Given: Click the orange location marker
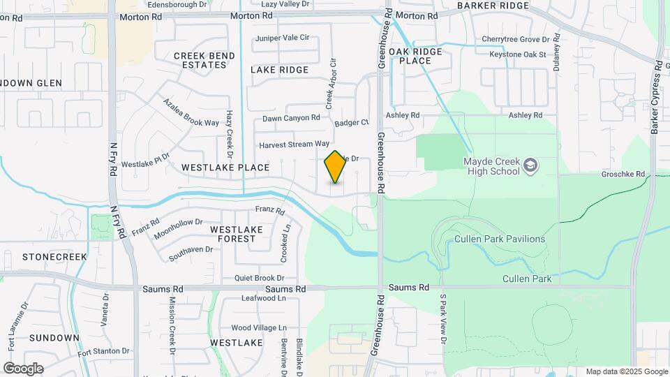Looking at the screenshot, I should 336,167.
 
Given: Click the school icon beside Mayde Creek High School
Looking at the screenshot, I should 531,165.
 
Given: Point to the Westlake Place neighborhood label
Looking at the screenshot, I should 225,168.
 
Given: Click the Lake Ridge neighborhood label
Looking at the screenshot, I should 279,70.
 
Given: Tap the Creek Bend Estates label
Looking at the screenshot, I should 200,60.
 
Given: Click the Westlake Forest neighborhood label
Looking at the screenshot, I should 236,234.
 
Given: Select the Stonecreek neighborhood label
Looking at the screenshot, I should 54,256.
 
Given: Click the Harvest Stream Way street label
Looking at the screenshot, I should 294,145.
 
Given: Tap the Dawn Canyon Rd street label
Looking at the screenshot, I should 291,118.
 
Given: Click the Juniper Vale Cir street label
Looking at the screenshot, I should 282,38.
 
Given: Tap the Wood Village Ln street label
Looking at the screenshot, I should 259,327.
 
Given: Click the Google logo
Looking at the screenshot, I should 23,368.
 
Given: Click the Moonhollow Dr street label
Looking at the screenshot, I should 178,228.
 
